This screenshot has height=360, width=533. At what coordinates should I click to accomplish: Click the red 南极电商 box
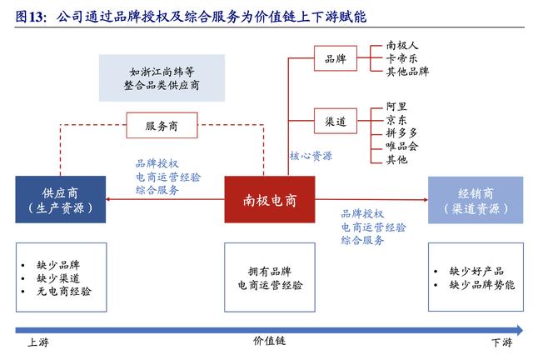coord(268,200)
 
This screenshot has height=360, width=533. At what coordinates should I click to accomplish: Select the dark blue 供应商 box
coord(60,200)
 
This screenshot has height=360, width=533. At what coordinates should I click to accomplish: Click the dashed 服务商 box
coord(162,127)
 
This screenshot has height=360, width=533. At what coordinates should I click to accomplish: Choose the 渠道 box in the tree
coord(336,121)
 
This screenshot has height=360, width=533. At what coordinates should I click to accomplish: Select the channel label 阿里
coord(396,106)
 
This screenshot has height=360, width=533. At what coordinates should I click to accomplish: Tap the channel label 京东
coord(396,119)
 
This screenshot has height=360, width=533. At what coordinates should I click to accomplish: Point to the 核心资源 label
coord(311,156)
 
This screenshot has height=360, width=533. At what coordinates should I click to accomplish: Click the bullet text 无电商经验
coord(65,292)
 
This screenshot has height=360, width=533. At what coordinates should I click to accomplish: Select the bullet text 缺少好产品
coord(477,272)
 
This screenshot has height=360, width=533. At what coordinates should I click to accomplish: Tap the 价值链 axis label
coord(269,342)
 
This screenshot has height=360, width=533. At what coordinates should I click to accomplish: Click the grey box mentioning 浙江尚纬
coord(163,78)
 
